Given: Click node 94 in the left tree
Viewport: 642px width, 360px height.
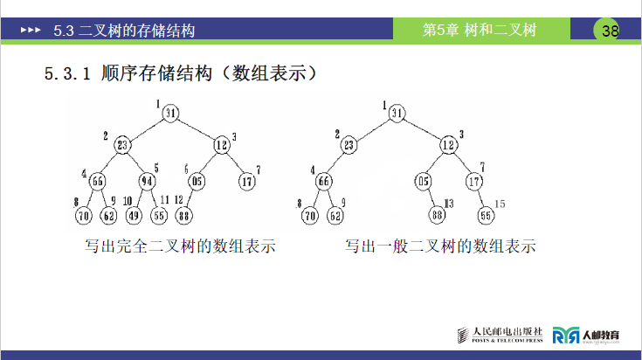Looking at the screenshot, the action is [147, 182].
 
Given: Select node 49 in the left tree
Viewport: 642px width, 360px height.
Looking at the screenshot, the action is [135, 214].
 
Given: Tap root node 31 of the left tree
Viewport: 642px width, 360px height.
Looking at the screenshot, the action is [170, 112].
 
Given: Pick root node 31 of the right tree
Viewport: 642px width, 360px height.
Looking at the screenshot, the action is [397, 112].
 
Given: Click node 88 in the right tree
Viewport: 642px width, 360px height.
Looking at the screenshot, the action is [438, 214].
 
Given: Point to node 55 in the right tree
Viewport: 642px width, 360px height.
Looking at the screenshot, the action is [486, 214].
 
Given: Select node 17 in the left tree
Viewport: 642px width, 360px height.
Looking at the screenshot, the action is [247, 182].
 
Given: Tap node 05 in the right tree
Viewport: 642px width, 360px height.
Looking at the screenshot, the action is [425, 182].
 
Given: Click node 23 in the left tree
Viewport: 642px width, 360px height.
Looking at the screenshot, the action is [122, 145].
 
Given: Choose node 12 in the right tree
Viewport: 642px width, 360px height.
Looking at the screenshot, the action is [448, 145].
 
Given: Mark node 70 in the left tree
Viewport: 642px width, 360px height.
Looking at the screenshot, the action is [84, 214].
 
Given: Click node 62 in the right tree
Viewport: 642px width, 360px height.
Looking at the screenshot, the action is [335, 214].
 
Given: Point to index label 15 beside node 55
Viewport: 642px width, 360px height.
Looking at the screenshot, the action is [500, 204].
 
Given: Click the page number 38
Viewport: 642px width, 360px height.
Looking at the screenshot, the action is [610, 31].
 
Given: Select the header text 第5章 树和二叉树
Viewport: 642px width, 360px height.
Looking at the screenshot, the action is [479, 31].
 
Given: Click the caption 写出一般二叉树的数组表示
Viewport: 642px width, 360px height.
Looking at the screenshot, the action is [439, 246].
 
